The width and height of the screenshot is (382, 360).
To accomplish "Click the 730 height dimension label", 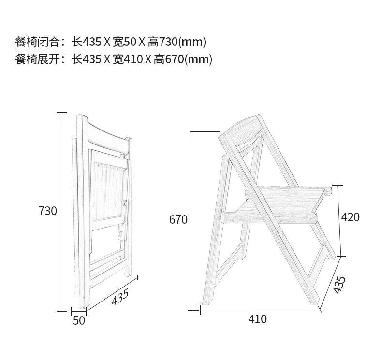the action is click(48, 211).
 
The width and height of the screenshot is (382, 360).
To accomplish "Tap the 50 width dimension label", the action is click(79, 320).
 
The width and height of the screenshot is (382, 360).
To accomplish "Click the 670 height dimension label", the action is click(178, 220).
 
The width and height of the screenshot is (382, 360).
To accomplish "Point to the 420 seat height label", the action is click(350, 217).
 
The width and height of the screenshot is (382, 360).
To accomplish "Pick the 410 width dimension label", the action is click(257, 319).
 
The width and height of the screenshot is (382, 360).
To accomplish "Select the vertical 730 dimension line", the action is click(62, 211).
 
